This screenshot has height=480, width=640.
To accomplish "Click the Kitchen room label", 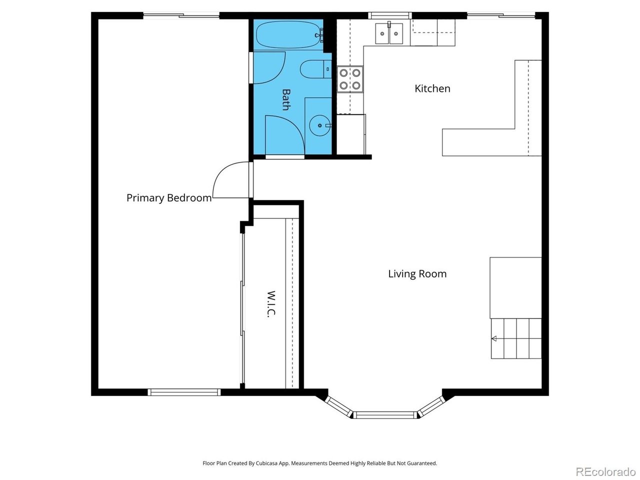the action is pos(432,88).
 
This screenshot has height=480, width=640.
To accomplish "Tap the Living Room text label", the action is pos(417,274).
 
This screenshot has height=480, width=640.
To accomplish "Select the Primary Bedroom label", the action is pos(169,198).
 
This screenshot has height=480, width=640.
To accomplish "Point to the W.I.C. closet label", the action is pos(271,304).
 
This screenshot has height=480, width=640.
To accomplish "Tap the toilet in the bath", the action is pos(316,69).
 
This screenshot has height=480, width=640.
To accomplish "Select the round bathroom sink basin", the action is pos(320,125).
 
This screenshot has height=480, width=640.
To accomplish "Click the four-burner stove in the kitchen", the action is pos(350,79).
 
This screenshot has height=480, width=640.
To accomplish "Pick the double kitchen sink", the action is pos(389,33).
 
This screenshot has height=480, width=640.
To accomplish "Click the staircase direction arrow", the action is pos(494,338).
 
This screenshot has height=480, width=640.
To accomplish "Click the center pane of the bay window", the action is pos(385,415).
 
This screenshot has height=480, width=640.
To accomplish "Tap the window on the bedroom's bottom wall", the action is pos(183,392).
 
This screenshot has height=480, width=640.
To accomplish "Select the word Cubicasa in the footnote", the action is pos(267,463).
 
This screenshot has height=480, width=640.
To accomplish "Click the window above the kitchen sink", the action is pos(389,15).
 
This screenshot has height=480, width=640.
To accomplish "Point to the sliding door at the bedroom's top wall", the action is pos(181,15).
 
